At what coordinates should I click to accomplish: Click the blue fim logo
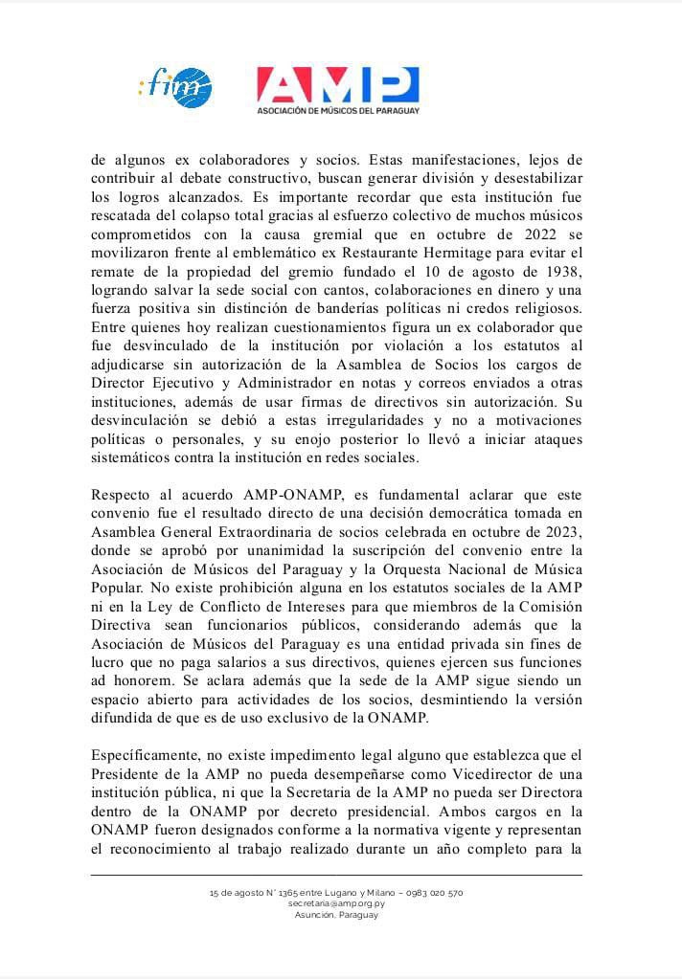tap(175, 88)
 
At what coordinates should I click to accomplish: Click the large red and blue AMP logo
tap(337, 84)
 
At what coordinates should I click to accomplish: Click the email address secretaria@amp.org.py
tap(336, 903)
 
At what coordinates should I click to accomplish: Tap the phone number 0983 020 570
tap(436, 892)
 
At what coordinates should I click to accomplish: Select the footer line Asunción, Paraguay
tap(336, 914)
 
